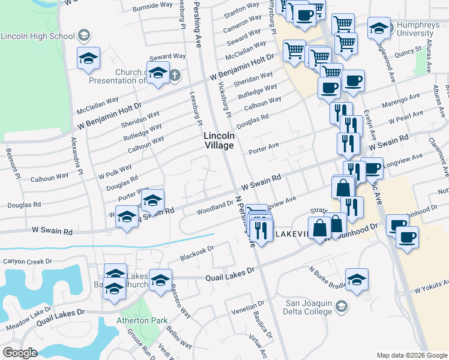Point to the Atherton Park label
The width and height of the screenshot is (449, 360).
pos(142,320)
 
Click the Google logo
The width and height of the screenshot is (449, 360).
pos(20,353)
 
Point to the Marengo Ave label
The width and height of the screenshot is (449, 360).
pos(402,97)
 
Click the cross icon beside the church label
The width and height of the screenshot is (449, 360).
pos(174,76)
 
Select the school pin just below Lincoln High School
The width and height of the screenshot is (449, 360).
pos(88,59)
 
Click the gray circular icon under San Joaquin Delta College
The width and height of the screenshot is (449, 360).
pos(342,307)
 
